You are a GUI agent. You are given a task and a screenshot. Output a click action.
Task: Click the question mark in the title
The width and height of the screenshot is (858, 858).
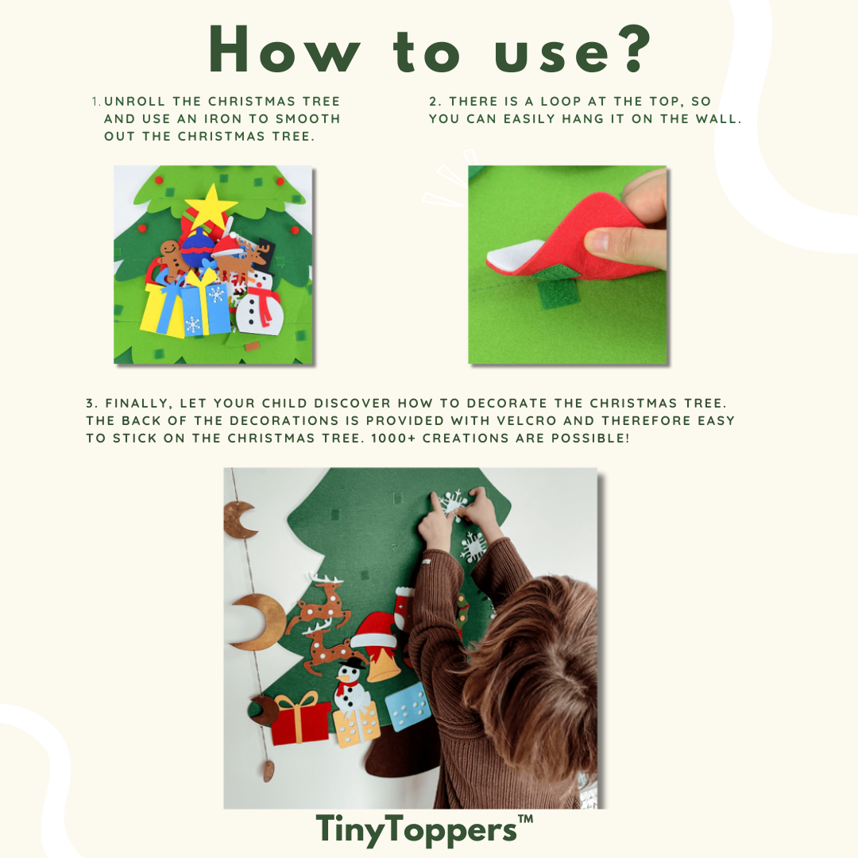pyautogui.click(x=634, y=49)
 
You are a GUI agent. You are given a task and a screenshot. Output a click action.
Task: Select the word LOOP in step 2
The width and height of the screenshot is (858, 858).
pyautogui.click(x=561, y=101)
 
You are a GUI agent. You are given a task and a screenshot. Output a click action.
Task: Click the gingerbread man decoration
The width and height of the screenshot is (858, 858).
pyautogui.click(x=173, y=261)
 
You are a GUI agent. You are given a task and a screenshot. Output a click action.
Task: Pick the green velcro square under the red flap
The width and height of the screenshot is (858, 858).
pyautogui.click(x=553, y=294)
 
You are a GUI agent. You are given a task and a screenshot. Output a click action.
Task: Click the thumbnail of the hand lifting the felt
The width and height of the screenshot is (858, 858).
pyautogui.click(x=567, y=265)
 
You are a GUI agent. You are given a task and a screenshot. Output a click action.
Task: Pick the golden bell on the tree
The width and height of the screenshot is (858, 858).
pyautogui.click(x=383, y=663)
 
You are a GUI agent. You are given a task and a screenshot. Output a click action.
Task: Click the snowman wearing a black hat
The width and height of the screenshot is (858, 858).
pyautogui.click(x=351, y=686)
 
